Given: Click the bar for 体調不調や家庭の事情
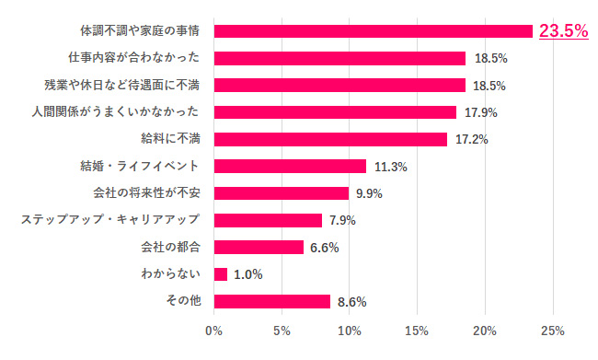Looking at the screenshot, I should coord(374,31).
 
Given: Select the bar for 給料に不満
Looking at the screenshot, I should coord(330,139).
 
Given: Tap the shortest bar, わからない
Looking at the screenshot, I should coord(221,274).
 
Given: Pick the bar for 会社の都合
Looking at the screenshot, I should coord(259,247).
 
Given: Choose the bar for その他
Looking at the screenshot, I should coord(272,301).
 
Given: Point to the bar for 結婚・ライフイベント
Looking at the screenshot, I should coord(290,166).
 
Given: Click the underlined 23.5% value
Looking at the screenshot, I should coord(563,31).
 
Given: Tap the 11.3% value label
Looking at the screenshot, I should coord(391,167).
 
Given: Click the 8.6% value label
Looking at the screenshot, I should coord(352,301).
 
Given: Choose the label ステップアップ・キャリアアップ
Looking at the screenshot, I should coord(111,220).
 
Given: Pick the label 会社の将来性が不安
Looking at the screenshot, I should coord(153,193).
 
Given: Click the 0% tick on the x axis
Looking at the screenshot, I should coord(214,330).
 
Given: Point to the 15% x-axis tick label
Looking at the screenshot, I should coord(418,330).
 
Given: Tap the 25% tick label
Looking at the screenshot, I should coord(553,330).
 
